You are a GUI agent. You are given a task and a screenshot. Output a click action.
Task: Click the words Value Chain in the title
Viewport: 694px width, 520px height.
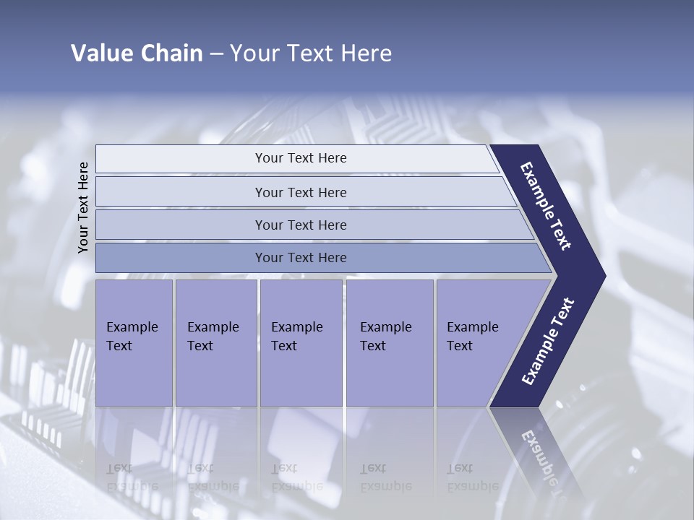[x=137, y=53]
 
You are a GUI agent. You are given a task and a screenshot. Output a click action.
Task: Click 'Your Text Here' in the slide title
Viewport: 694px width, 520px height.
[x=311, y=53]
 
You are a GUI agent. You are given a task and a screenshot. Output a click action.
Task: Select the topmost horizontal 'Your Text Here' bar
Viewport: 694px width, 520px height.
[x=300, y=158]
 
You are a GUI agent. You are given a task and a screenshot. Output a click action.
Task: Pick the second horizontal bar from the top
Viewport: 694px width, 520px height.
[x=300, y=192]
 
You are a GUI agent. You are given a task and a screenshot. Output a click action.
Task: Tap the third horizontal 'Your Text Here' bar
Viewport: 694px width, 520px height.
[x=300, y=225]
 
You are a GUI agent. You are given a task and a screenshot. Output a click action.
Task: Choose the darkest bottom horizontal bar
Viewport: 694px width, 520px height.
[x=300, y=258]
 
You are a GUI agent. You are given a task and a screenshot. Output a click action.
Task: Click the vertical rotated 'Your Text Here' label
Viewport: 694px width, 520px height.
[x=83, y=207]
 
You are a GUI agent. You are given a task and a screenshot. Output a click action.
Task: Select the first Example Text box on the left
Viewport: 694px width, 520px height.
[x=134, y=343]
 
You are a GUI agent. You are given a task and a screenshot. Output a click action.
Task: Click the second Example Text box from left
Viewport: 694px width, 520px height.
[x=215, y=343]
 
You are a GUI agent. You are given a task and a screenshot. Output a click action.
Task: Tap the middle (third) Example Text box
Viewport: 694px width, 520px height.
[x=300, y=343]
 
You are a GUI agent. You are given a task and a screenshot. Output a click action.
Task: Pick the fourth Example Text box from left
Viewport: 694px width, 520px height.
[x=389, y=343]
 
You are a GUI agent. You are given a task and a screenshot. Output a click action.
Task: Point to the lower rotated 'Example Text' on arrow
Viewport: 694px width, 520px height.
[x=548, y=341]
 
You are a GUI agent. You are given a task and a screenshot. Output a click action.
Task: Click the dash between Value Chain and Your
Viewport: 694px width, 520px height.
[x=216, y=54]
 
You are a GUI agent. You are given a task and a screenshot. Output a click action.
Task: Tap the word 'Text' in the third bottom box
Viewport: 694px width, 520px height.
[x=284, y=346]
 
